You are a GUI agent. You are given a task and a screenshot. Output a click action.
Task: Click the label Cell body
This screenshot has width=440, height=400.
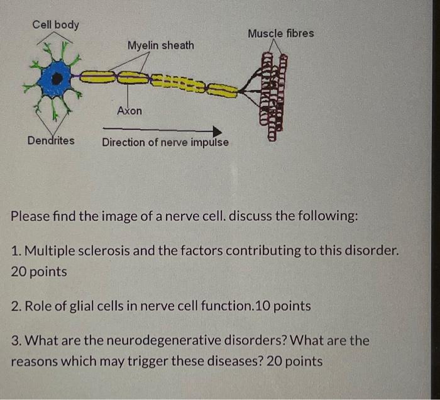point(56,25)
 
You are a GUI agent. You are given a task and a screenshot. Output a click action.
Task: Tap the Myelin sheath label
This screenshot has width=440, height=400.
point(160,45)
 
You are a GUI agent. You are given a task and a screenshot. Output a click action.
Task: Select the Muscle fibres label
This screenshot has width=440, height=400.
point(280,33)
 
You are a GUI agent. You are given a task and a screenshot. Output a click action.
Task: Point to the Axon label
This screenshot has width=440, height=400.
point(129,111)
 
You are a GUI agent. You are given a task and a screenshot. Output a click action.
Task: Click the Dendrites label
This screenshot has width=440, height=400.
point(50,140)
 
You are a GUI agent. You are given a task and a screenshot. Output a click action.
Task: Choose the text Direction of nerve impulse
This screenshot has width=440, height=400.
point(165,142)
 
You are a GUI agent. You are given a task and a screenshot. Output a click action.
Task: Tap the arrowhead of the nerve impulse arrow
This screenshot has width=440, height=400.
point(217,131)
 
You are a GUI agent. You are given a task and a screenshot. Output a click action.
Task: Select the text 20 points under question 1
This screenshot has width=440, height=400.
point(39,272)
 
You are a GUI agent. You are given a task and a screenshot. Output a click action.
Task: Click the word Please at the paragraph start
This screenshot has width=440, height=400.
point(31,216)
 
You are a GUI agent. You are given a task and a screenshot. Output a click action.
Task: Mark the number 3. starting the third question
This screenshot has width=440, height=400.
point(18,340)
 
